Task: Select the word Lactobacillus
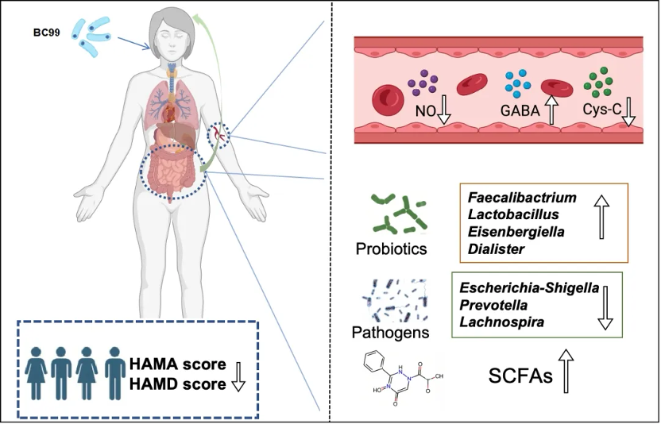click(x=513, y=214)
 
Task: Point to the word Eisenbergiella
click(x=517, y=232)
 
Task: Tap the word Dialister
click(x=497, y=249)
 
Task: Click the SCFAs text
click(x=520, y=376)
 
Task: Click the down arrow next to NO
click(x=444, y=112)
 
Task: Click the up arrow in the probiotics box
click(x=601, y=218)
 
